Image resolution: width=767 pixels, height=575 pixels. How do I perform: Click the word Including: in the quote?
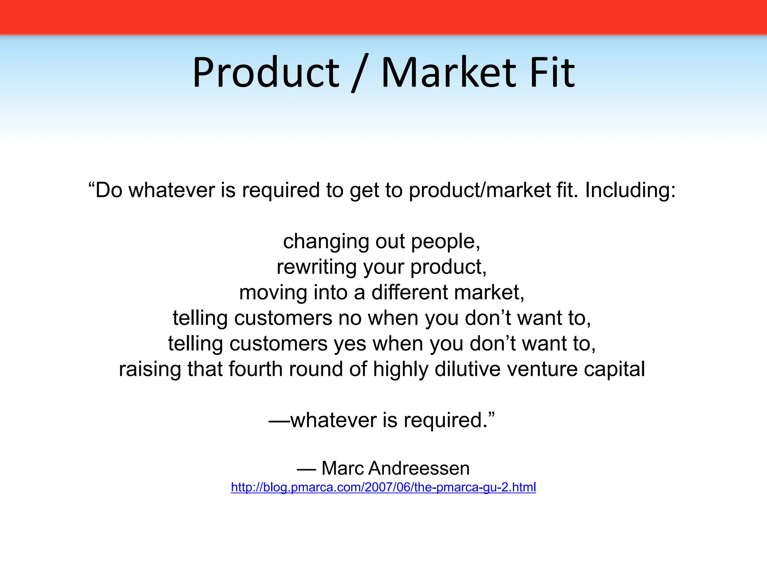[x=630, y=190]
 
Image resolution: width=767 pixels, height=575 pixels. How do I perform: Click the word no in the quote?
[x=350, y=318]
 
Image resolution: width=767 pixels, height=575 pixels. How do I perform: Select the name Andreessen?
[x=419, y=468]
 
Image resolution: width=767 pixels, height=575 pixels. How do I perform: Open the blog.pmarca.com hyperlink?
[x=383, y=487]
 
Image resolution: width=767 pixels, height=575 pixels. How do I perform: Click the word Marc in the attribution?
[x=343, y=468]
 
